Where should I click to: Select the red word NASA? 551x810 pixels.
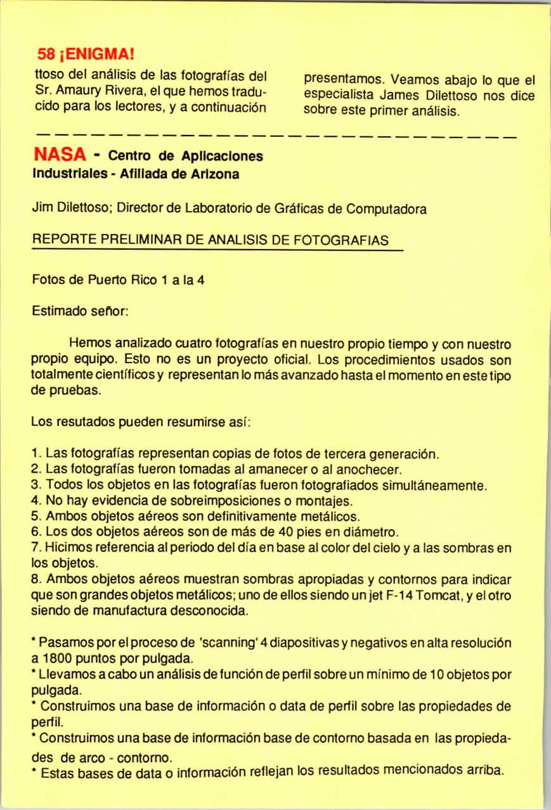coord(59,156)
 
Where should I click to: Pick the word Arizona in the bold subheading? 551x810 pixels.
coord(213,174)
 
